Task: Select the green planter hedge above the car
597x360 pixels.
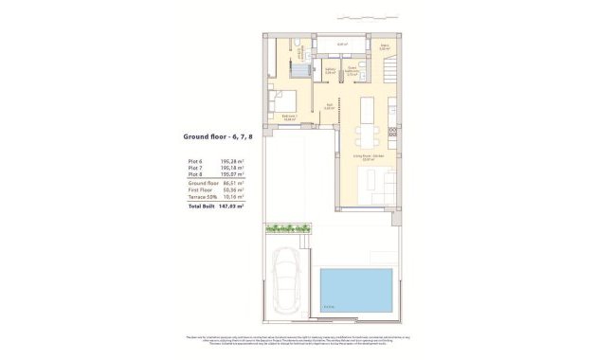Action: tap(288, 227)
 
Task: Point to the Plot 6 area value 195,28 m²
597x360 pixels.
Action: tap(232, 162)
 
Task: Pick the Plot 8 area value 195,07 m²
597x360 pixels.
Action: tap(232, 175)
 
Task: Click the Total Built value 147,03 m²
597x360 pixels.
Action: tap(232, 206)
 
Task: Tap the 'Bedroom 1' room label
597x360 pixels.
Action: tap(291, 116)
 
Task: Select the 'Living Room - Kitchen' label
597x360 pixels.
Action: tap(369, 155)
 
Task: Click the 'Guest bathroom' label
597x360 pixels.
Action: tap(353, 69)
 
